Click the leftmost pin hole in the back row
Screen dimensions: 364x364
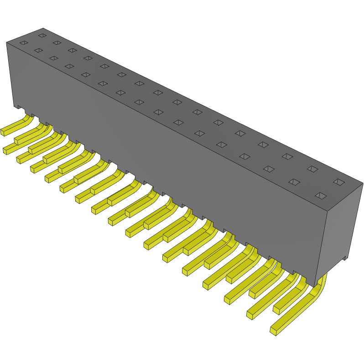click(x=42, y=35)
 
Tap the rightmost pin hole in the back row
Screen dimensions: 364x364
click(x=338, y=182)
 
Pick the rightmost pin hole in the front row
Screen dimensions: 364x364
click(x=321, y=196)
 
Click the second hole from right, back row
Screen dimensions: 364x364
click(x=312, y=169)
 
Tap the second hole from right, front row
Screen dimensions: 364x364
click(x=294, y=182)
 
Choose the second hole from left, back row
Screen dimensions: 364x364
click(x=57, y=42)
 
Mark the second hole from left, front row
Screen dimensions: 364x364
click(x=38, y=50)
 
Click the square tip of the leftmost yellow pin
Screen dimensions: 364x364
click(x=2, y=132)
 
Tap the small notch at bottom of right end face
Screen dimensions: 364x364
click(x=345, y=259)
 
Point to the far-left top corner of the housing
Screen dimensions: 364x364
click(x=6, y=43)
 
